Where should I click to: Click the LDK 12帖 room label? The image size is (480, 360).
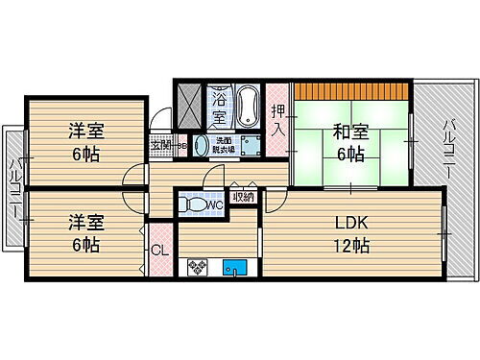pyautogui.click(x=350, y=233)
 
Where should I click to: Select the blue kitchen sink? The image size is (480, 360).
pyautogui.click(x=234, y=267)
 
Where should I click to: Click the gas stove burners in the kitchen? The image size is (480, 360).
pyautogui.click(x=199, y=267)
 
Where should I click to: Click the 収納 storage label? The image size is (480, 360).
pyautogui.click(x=243, y=198)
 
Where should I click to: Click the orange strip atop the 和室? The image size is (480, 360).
pyautogui.click(x=350, y=92)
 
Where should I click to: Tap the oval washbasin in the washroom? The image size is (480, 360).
pyautogui.click(x=202, y=146)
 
